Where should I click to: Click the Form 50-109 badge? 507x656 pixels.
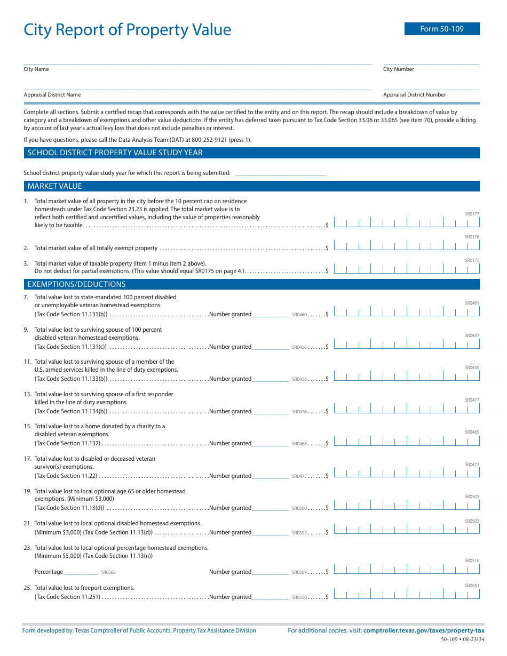point(442,29)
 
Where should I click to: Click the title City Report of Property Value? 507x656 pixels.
point(128,30)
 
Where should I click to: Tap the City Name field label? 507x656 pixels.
point(36,69)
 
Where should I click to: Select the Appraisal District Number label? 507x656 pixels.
point(414,95)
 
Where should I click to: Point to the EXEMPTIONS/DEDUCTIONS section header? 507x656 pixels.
point(77,284)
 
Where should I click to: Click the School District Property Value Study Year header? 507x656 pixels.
point(115,153)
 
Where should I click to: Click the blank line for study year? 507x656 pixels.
point(280,173)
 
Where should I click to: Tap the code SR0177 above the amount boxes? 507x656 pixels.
point(472,214)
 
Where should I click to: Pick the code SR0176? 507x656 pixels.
point(472,237)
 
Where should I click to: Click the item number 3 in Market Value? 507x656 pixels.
point(26,263)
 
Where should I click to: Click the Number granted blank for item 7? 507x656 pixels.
point(270,315)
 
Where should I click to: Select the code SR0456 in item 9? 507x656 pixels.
point(299,347)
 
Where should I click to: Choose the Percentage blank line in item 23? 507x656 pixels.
point(81,572)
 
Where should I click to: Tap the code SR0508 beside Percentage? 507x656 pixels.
point(108,573)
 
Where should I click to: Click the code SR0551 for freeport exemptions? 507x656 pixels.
point(472,586)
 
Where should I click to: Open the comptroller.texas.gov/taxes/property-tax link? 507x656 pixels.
point(424,630)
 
